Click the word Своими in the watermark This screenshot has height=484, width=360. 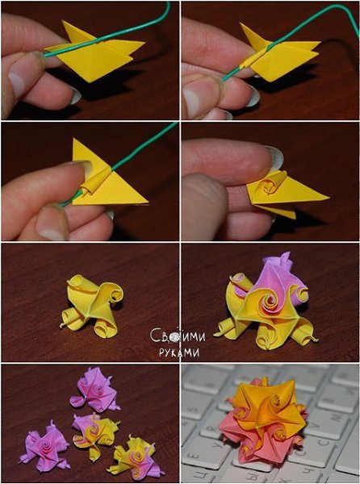pos(178,336)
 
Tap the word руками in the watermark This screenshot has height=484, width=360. pos(179,353)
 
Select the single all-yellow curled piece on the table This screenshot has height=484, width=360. pos(92,306)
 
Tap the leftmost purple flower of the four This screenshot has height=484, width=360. pos(44,446)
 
